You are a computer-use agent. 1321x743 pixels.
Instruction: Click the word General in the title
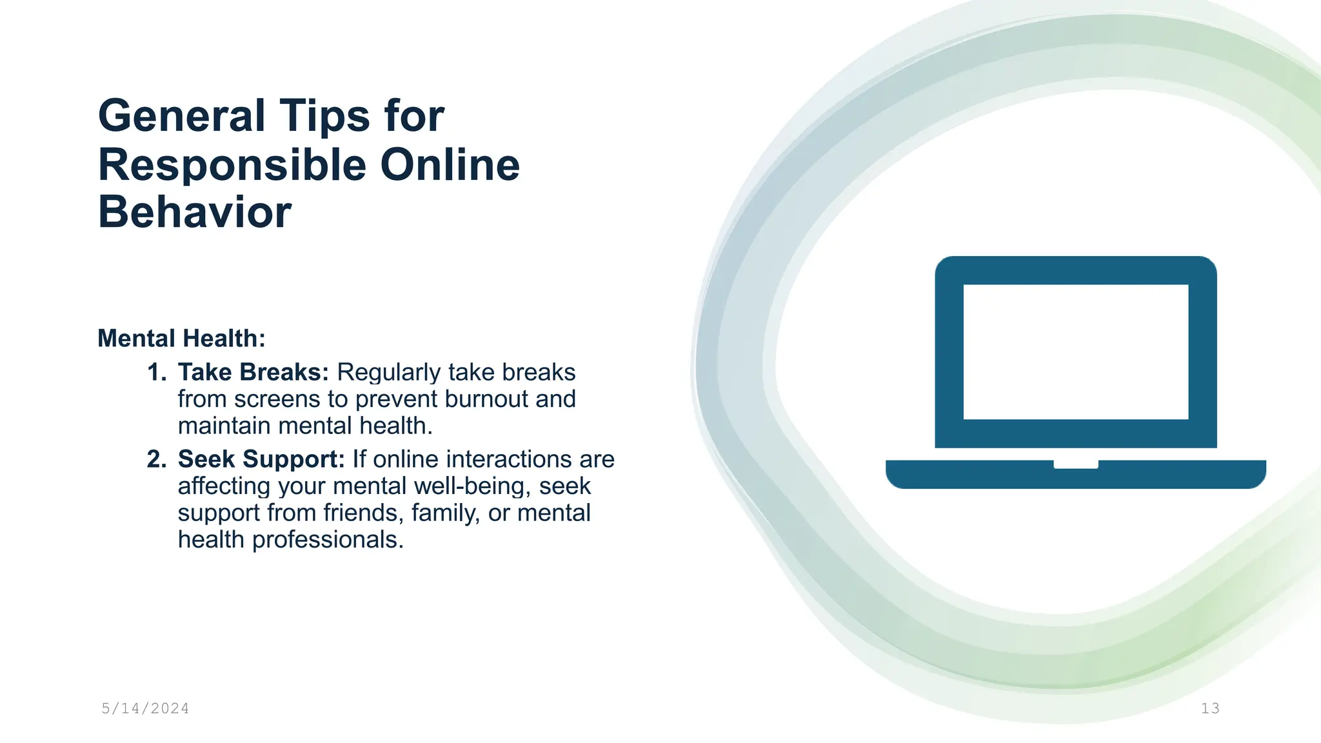coord(181,116)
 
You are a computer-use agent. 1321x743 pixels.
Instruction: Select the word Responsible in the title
coord(232,165)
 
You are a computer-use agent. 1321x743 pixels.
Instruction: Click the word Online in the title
coord(450,165)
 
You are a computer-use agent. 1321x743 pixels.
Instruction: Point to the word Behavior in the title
coord(195,212)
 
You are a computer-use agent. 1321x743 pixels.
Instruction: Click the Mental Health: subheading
coord(181,339)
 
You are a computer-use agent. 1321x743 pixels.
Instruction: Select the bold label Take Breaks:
coord(253,372)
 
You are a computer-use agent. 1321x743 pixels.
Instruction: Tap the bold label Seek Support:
coord(261,459)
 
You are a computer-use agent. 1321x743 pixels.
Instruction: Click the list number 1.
coord(156,372)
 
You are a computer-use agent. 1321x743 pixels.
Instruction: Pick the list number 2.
coord(156,459)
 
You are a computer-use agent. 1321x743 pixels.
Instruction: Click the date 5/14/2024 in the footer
coord(145,709)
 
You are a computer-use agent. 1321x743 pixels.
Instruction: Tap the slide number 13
coord(1210,709)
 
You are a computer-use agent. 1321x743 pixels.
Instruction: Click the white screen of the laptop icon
coord(1075,352)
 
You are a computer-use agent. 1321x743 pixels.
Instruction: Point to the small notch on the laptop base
coord(1075,464)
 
